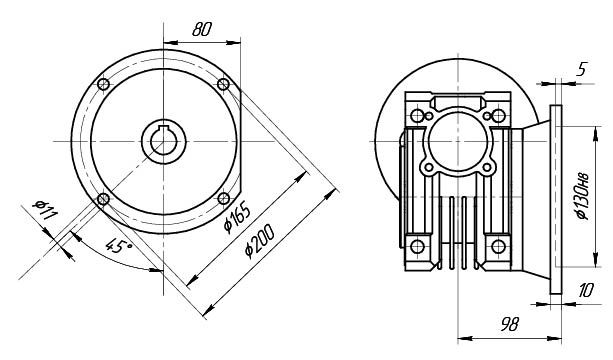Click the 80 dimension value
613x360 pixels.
click(x=201, y=29)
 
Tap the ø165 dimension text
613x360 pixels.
click(x=237, y=218)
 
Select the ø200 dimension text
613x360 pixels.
click(x=260, y=241)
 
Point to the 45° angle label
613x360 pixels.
click(x=118, y=246)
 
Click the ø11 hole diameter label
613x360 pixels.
click(x=45, y=210)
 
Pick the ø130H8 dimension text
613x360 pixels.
click(x=582, y=196)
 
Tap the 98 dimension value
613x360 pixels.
click(x=509, y=324)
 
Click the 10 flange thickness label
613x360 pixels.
click(x=585, y=290)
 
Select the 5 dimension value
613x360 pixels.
click(x=582, y=70)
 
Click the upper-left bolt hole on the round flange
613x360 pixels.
click(x=103, y=84)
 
